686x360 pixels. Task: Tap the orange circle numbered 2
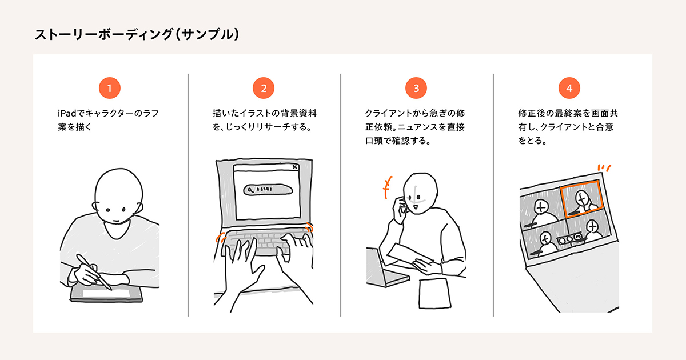coord(263,88)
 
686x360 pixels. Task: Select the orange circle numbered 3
coord(416,88)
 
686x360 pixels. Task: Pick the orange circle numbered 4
coord(569,88)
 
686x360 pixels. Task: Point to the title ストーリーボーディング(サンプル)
coord(137,34)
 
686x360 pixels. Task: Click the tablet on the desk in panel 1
coord(106,293)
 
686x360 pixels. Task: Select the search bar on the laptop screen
coord(264,190)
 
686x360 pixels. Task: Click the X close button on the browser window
coord(294,167)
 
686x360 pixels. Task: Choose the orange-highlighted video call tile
coord(580,198)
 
